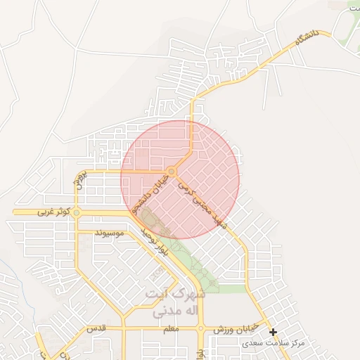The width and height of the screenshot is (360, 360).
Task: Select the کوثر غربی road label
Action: pyautogui.click(x=54, y=211)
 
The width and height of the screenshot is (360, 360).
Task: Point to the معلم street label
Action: pyautogui.click(x=169, y=328)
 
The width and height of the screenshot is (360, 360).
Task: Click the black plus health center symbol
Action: pyautogui.click(x=274, y=332)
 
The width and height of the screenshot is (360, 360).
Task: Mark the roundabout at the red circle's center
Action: pyautogui.click(x=172, y=171)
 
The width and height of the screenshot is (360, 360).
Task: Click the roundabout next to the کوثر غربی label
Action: pyautogui.click(x=77, y=212)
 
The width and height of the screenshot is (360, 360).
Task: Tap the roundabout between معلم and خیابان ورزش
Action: pyautogui.click(x=201, y=328)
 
